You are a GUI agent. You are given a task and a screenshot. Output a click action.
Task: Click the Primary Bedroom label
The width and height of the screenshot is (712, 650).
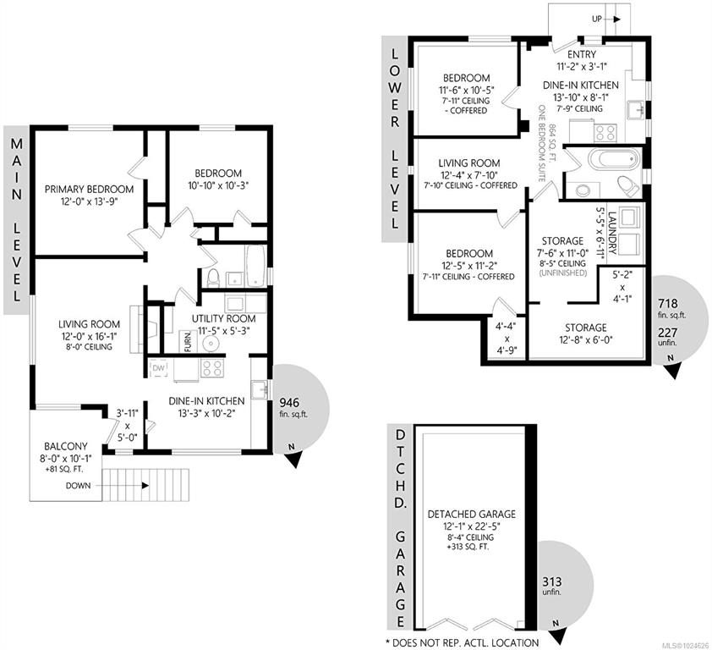tap(89, 189)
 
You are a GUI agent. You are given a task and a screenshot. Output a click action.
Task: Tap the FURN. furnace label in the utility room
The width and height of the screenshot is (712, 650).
tap(188, 342)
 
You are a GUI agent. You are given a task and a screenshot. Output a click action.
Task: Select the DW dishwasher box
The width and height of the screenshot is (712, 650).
tap(159, 368)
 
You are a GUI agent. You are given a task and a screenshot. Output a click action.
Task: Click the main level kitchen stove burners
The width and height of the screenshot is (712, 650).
tap(211, 368)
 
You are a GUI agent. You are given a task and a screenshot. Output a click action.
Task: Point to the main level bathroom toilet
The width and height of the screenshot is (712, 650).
tap(212, 278)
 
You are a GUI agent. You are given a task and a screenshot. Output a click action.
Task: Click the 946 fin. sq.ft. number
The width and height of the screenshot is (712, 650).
tap(289, 403)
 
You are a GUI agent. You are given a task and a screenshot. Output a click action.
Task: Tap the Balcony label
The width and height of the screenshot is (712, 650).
tap(66, 446)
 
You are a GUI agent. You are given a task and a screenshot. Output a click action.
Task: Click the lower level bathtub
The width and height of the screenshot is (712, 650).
tap(613, 160)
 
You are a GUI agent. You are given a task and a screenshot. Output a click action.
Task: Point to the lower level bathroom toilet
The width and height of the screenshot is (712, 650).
tap(628, 186)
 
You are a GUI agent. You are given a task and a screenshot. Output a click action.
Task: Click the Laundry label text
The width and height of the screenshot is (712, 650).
tap(611, 232)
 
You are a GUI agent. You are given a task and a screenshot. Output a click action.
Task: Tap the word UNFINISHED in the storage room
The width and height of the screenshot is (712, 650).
tap(562, 273)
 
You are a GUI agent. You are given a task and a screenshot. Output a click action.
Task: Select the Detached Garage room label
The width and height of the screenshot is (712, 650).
tap(472, 514)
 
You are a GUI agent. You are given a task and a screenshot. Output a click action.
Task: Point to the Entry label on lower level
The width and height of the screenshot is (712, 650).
tap(582, 54)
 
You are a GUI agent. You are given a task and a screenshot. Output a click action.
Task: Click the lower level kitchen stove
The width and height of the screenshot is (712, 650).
tap(605, 133)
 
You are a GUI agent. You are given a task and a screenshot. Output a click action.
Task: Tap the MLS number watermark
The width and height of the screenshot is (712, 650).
tap(686, 646)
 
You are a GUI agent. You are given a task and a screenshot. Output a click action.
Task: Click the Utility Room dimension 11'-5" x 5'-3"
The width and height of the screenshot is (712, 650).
tap(223, 332)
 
